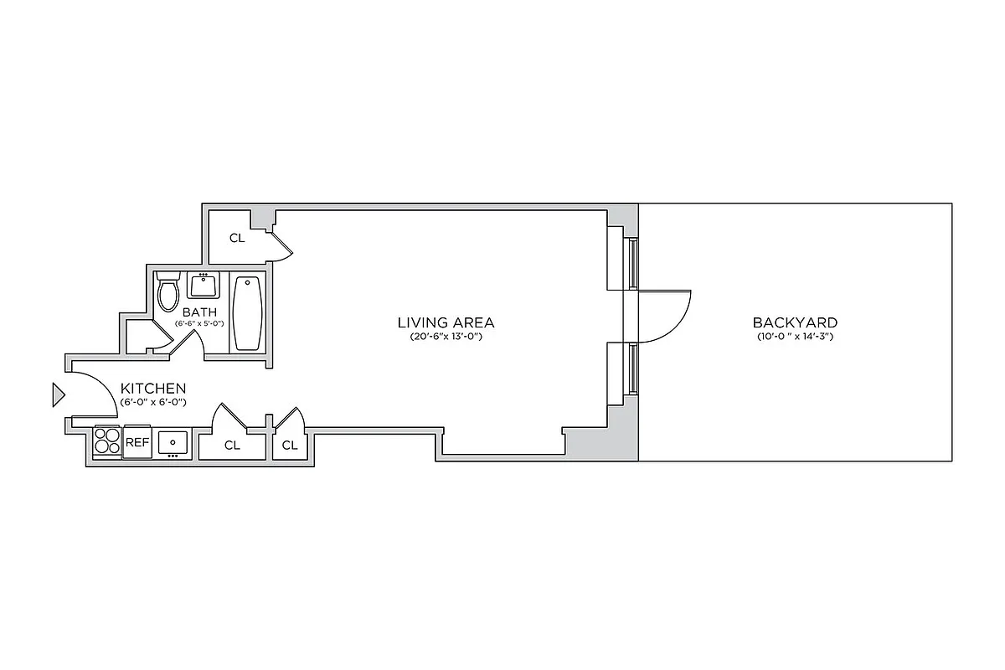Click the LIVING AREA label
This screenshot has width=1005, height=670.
[446, 322]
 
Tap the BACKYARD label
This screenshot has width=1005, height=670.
[794, 322]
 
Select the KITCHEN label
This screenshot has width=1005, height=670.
[153, 389]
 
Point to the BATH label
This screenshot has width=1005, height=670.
[199, 312]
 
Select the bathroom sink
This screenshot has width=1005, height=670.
[204, 286]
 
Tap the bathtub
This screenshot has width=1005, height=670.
[247, 313]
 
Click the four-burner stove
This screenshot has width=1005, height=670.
[106, 441]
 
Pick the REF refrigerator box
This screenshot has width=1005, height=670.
[137, 442]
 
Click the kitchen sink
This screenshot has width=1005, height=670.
[173, 441]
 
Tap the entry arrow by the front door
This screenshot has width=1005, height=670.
[58, 394]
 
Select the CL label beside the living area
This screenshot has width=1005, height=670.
[237, 238]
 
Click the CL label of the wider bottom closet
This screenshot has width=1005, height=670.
[232, 446]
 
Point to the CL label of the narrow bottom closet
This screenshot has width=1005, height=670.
[290, 446]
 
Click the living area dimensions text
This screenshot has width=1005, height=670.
[446, 337]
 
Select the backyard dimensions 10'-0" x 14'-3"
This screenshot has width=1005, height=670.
[794, 337]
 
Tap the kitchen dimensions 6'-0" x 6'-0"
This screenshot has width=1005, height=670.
[153, 403]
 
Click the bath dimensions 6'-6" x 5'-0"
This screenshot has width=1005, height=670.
[199, 323]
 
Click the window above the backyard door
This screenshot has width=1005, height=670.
[634, 264]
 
